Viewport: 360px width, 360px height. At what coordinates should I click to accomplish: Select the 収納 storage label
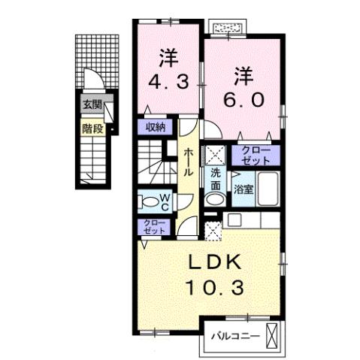(156, 128)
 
